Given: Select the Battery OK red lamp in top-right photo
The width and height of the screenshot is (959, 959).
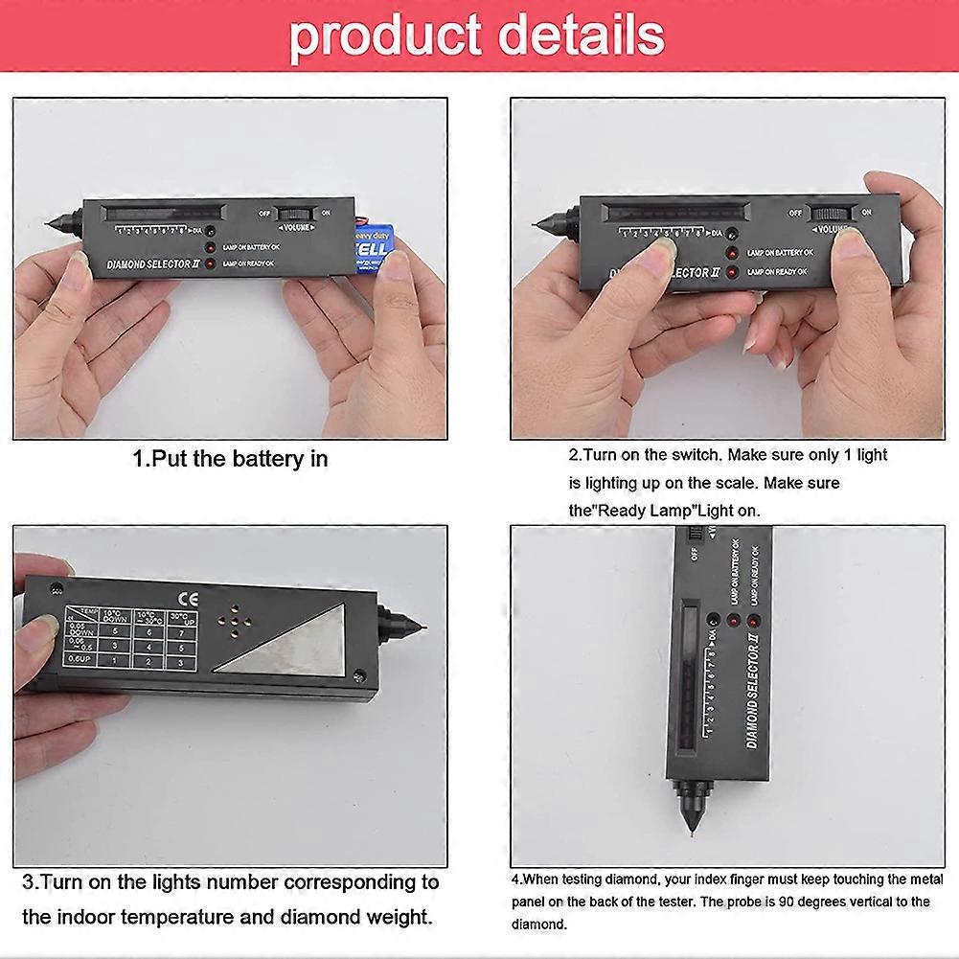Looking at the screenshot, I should click(x=733, y=253).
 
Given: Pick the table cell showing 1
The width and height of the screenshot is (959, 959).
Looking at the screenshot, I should click(x=115, y=660).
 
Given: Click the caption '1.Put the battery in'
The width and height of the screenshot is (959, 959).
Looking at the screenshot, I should click(x=230, y=459).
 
